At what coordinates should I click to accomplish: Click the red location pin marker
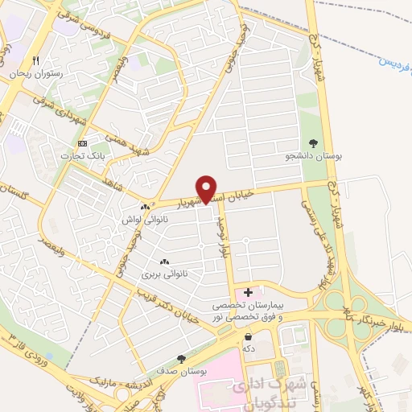tap(208, 188)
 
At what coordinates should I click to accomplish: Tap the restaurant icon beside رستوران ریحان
tap(35, 61)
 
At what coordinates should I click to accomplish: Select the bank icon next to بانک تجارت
tap(82, 143)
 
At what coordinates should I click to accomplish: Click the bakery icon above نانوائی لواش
tap(144, 207)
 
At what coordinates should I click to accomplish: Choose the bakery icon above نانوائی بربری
tap(164, 262)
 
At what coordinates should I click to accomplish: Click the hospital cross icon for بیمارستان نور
tap(248, 291)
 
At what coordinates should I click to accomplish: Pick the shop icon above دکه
tap(249, 336)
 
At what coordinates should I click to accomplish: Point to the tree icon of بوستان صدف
tap(180, 359)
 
